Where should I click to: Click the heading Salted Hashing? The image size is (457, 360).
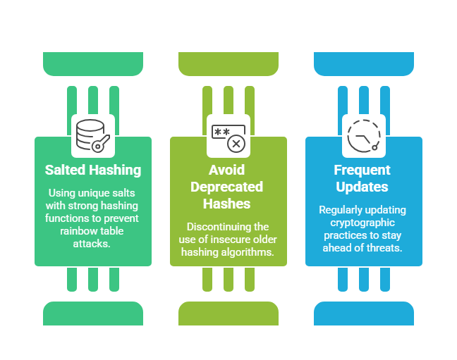point(93,170)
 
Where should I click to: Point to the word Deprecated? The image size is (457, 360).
point(228,187)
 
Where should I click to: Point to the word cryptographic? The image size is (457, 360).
point(364,223)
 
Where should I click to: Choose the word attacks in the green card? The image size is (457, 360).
point(93,243)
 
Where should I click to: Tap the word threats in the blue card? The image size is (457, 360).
point(385,248)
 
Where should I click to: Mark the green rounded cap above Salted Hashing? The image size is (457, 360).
point(93,64)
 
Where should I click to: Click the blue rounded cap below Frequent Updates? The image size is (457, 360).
point(364,313)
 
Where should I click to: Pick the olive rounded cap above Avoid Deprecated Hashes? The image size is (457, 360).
point(228,64)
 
